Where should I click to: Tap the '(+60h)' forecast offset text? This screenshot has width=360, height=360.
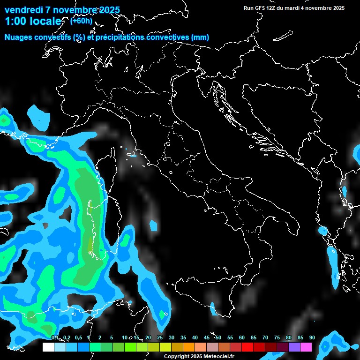[x=81, y=21]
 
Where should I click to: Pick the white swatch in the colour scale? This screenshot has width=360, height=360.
[x=48, y=347]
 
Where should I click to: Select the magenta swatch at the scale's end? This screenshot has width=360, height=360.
[x=306, y=347]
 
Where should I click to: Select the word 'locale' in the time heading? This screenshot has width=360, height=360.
[x=46, y=21]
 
